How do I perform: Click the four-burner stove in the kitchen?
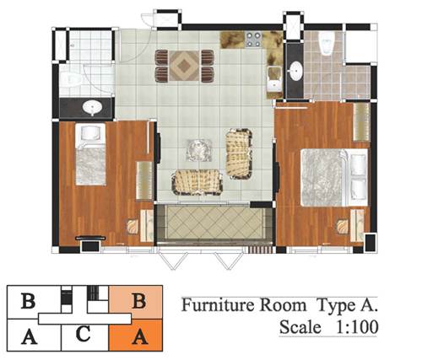point(253,39)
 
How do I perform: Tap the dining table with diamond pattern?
point(185,66)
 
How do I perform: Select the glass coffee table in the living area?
point(199,150)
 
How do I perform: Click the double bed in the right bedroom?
point(334,177)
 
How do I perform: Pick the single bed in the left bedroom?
point(90,154)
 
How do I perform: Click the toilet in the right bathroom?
point(326,42)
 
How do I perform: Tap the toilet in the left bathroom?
point(71,79)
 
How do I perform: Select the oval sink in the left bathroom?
point(92,107)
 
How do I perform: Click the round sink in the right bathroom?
point(295,71)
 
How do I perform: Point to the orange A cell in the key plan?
point(136,335)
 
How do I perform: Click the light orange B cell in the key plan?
point(136,299)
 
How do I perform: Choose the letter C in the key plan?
point(84,334)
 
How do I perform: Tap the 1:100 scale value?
point(357,327)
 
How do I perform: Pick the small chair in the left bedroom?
point(133,227)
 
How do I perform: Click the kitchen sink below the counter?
point(274,79)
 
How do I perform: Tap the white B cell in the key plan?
point(28,302)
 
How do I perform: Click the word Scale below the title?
point(300,327)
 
